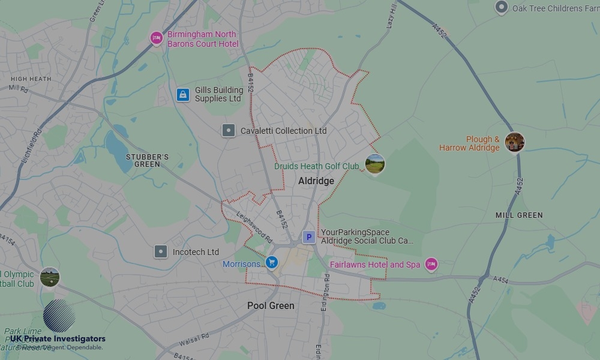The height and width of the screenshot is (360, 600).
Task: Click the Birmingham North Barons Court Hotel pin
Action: (x=157, y=38)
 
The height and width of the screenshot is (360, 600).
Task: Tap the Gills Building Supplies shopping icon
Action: (x=183, y=95)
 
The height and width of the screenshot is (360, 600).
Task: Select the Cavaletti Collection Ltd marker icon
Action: (x=228, y=130)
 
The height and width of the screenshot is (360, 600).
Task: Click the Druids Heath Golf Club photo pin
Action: (x=374, y=163)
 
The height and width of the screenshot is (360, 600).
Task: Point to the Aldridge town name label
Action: (x=316, y=181)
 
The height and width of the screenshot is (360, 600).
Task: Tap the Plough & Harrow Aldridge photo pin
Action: (x=514, y=142)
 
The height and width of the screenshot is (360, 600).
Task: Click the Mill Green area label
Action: (x=519, y=215)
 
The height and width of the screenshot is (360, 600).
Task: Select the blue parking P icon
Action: (x=308, y=237)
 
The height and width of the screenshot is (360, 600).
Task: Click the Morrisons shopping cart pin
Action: (x=272, y=262)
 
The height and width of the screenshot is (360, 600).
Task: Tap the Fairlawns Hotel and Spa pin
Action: (x=431, y=264)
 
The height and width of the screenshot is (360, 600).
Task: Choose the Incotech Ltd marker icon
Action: (x=161, y=251)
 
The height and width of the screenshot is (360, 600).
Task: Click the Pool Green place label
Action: (x=271, y=305)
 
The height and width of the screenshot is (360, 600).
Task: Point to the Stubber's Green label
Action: (x=147, y=160)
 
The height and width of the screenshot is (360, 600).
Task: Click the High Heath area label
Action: (x=31, y=79)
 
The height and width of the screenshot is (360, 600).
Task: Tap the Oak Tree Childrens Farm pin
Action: (x=502, y=8)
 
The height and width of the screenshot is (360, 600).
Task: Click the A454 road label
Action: (x=500, y=280)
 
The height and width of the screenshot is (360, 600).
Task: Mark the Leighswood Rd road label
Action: (x=254, y=229)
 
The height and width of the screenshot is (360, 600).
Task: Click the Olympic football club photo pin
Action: (x=49, y=277)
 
